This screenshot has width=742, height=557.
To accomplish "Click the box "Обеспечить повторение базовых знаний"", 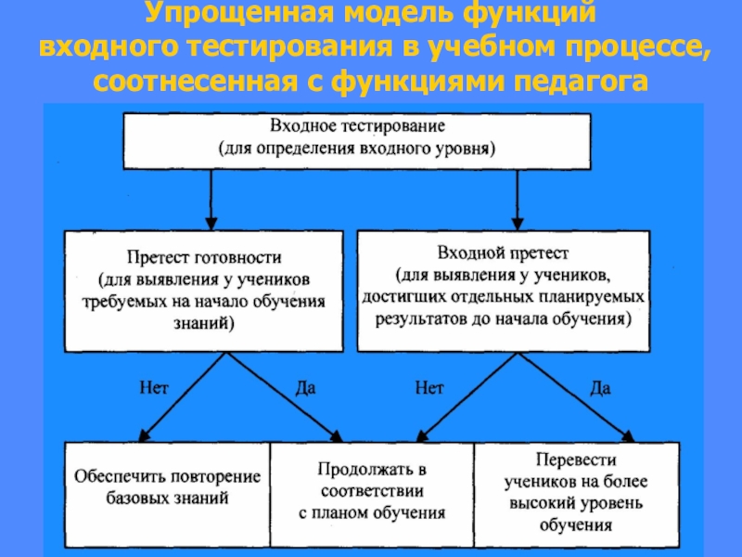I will (x=166, y=491).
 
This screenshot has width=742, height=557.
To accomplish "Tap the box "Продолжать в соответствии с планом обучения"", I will (x=371, y=491).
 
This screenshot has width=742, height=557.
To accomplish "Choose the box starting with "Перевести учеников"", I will (x=575, y=491).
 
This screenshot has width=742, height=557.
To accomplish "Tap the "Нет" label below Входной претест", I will (x=429, y=389).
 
